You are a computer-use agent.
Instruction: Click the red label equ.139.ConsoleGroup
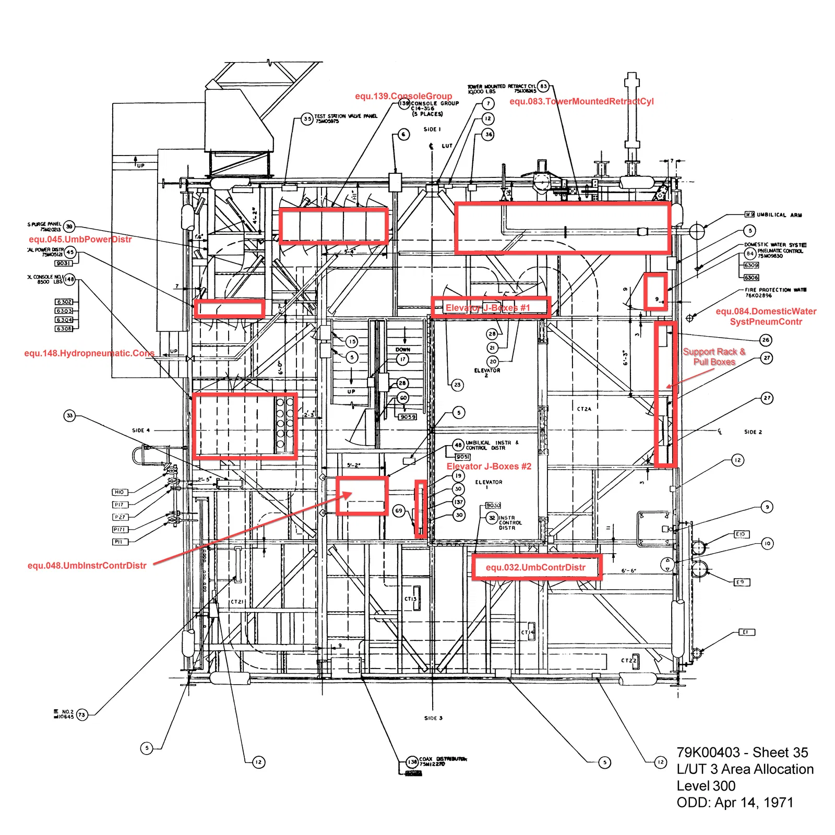403,96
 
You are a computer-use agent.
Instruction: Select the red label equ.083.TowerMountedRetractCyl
581,101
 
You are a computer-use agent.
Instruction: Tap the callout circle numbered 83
543,86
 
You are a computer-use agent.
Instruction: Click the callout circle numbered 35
307,119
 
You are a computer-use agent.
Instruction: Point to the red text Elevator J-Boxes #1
487,308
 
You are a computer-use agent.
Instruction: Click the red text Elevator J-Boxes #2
488,467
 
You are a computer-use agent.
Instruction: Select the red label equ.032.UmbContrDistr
535,567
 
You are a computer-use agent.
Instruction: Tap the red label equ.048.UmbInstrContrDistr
87,566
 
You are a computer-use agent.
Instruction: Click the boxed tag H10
119,492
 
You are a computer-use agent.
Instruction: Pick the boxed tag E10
741,534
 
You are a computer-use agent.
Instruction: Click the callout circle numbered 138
412,762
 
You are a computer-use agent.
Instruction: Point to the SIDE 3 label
433,718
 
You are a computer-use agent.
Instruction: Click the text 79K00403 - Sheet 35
742,753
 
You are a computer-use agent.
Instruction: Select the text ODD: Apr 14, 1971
735,803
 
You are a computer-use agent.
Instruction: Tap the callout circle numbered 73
82,715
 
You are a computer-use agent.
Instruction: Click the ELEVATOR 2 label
487,372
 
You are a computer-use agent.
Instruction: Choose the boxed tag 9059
408,416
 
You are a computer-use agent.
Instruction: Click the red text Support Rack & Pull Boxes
714,357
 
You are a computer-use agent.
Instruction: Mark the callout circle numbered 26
766,340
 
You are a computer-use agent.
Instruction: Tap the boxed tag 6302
64,302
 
